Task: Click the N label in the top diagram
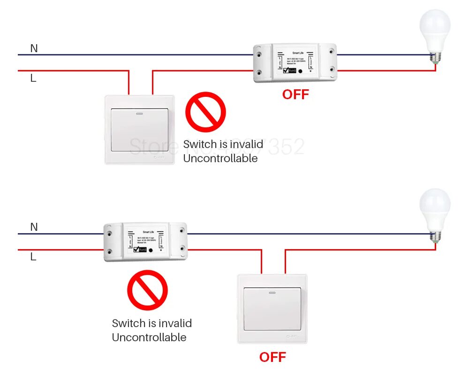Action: point(34,48)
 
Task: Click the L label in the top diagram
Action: point(33,78)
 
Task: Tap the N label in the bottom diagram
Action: point(34,227)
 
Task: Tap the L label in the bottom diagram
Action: point(33,257)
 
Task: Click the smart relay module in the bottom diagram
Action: point(145,242)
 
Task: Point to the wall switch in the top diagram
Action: point(139,130)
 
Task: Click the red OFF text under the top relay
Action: point(295,94)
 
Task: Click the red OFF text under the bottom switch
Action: point(272,357)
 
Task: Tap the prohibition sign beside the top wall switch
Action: point(205,112)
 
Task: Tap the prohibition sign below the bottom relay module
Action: point(147,290)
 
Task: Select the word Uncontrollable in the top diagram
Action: point(220,158)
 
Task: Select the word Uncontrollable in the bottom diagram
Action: point(149,337)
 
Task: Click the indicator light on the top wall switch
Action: point(139,113)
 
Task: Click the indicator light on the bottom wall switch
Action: point(272,292)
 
